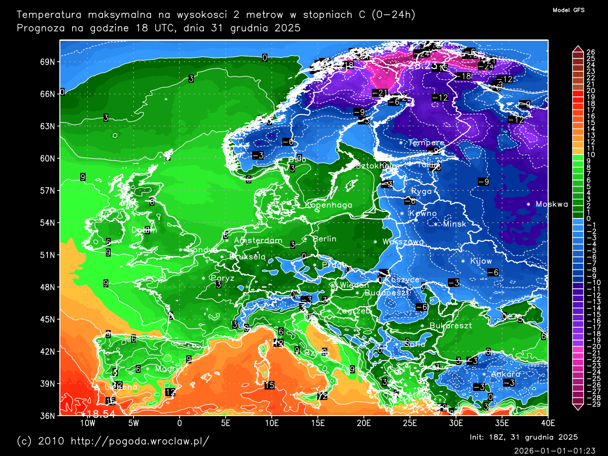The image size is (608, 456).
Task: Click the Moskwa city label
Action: [551, 204]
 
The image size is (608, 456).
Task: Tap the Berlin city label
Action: [324, 239]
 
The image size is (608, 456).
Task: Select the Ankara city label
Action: [505, 374]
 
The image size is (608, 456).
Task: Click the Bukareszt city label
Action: [450, 326]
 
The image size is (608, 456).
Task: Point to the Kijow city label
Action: [481, 261]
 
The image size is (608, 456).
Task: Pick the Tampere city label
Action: [426, 142]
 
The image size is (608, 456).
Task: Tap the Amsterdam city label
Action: [258, 240]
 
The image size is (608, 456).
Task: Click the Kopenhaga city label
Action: [329, 205]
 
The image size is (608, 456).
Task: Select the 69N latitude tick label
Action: [47, 62]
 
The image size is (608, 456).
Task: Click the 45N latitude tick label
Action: [47, 319]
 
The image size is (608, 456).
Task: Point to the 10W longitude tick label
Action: [87, 423]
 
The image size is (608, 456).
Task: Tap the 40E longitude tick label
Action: [548, 423]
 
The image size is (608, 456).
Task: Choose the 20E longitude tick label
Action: [363, 423]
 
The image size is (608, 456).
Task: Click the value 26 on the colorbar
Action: [590, 52]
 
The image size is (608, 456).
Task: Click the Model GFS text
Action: [568, 10]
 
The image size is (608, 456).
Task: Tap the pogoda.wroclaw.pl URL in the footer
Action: [140, 441]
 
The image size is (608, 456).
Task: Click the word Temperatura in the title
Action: [49, 15]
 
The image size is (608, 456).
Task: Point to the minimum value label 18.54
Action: [100, 415]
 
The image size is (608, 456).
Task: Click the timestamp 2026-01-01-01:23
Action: [554, 450]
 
